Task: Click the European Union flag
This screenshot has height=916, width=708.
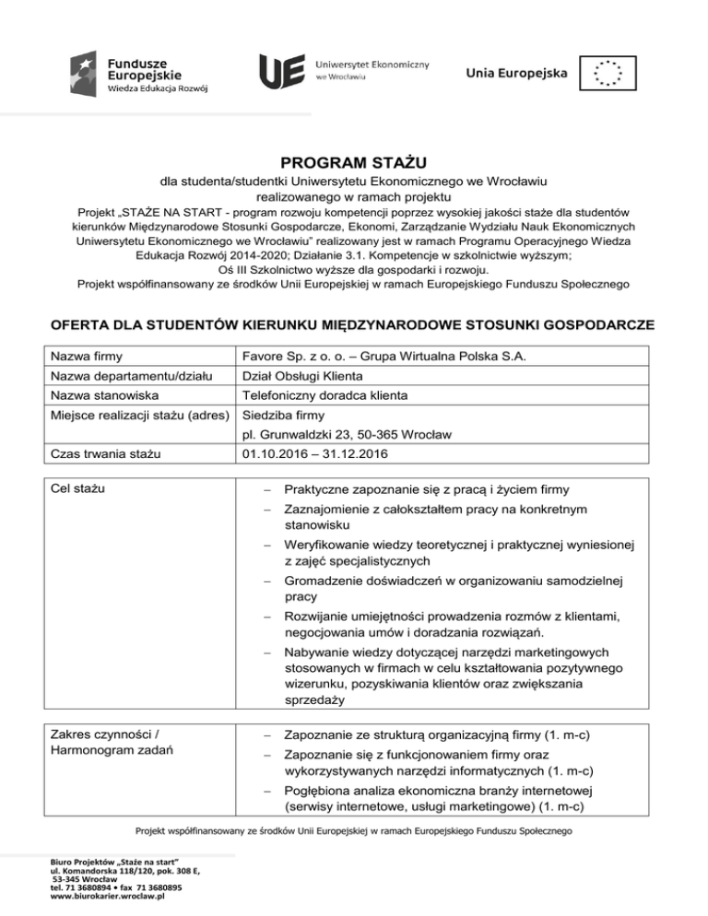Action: tap(608, 73)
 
